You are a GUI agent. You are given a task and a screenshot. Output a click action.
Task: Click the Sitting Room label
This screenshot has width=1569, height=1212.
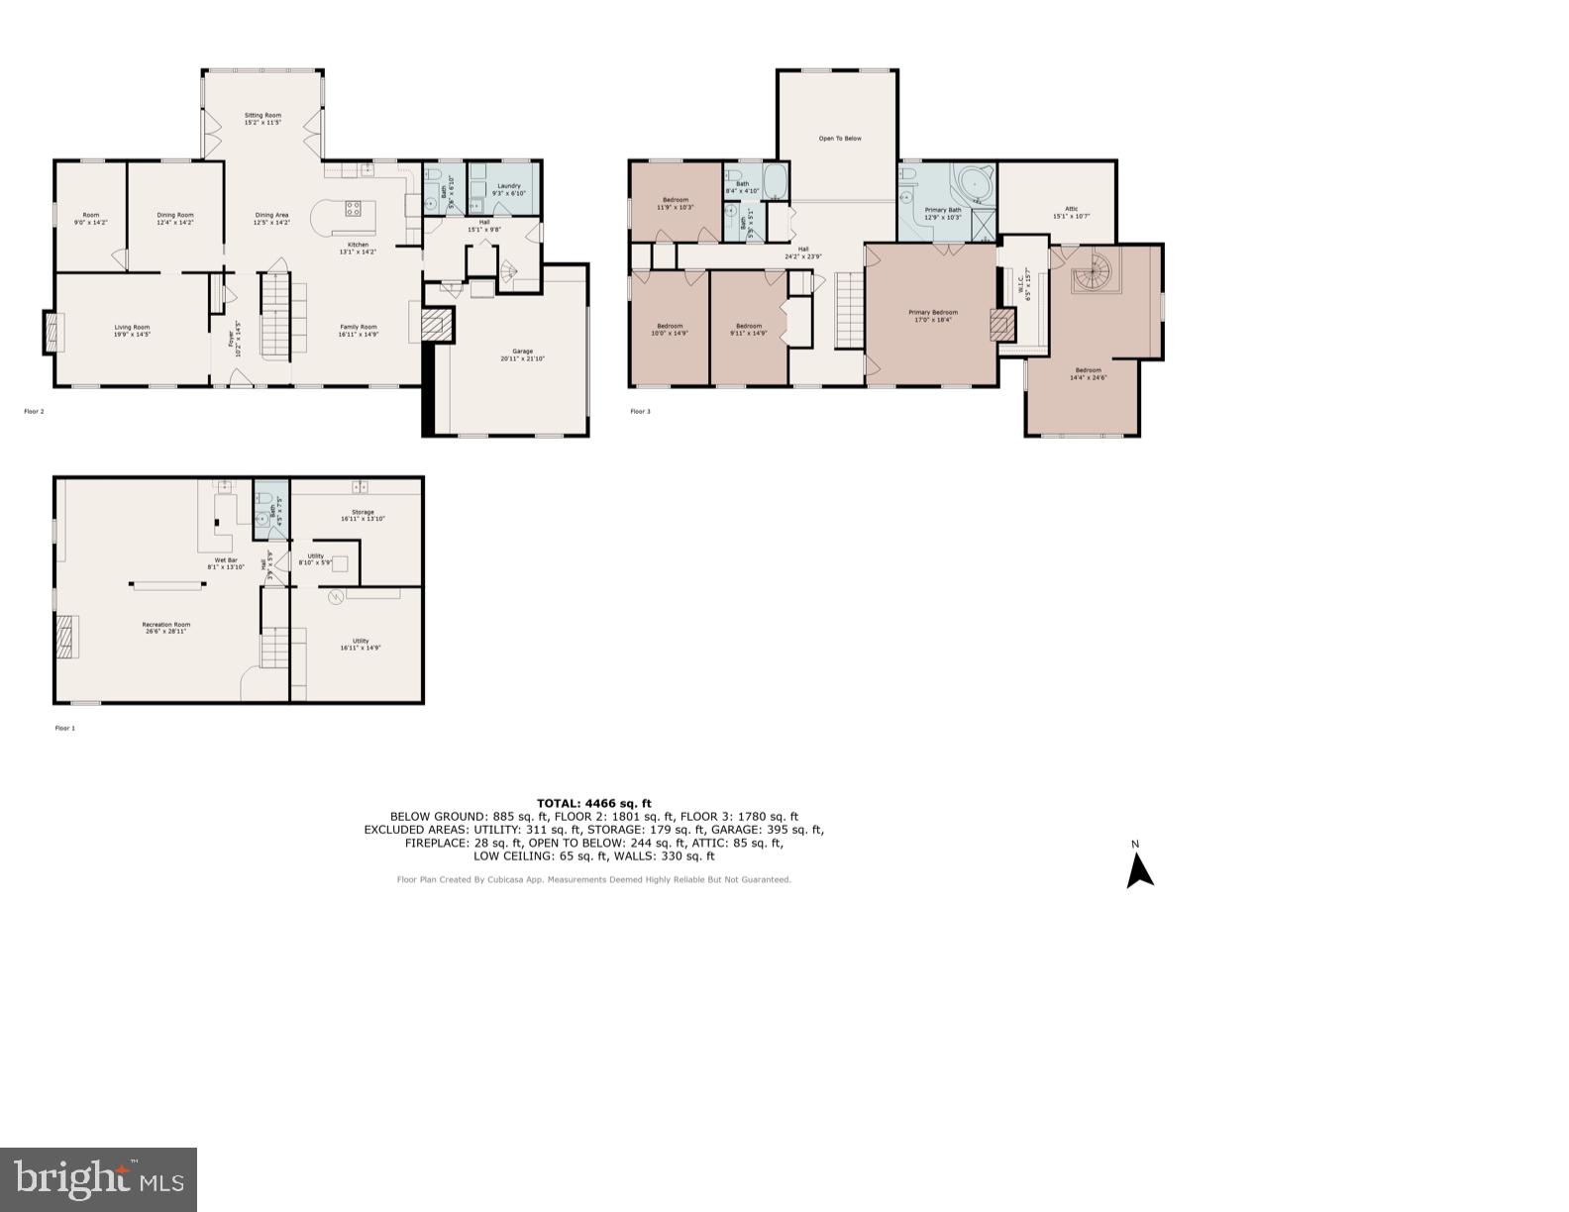262,119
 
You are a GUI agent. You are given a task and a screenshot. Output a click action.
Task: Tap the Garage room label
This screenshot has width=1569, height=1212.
522,354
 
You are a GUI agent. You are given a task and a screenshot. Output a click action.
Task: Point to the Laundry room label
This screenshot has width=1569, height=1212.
509,189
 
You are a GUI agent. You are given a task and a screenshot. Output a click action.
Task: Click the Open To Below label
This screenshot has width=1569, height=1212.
839,139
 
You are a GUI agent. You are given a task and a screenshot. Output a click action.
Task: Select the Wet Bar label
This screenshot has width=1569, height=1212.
225,563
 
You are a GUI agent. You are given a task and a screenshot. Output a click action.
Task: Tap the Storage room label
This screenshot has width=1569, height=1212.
363,515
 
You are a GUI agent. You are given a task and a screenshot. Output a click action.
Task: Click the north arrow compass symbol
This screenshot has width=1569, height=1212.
1139,869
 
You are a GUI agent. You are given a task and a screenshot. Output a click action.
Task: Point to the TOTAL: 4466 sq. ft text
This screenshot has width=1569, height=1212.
594,803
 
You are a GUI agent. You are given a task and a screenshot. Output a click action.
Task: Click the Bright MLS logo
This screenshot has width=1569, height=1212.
98,1179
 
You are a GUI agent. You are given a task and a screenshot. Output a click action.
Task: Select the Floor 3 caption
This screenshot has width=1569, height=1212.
641,411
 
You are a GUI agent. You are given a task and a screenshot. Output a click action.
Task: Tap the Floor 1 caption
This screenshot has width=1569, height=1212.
64,728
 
